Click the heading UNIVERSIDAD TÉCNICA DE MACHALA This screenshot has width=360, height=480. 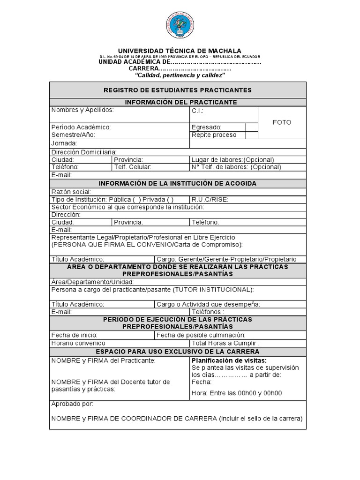(180, 51)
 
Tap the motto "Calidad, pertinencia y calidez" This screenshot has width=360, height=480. (180, 75)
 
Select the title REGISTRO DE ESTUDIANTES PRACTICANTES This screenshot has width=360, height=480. (178, 90)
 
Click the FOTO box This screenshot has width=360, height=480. (282, 122)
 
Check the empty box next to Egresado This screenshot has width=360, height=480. (252, 127)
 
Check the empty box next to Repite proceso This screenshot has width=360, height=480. (252, 135)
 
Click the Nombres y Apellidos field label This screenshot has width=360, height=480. (82, 110)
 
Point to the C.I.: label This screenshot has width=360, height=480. (198, 112)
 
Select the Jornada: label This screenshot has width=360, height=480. (64, 143)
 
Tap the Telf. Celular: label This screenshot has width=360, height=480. (133, 167)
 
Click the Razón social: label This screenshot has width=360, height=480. (71, 192)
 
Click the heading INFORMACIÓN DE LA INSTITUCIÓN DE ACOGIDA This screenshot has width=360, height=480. (178, 183)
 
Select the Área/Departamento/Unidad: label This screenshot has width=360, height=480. (93, 282)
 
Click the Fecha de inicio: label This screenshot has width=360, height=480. (75, 335)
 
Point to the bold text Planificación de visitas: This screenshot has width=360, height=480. (229, 360)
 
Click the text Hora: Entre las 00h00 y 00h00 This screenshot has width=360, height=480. (237, 393)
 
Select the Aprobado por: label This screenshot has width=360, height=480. (72, 404)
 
